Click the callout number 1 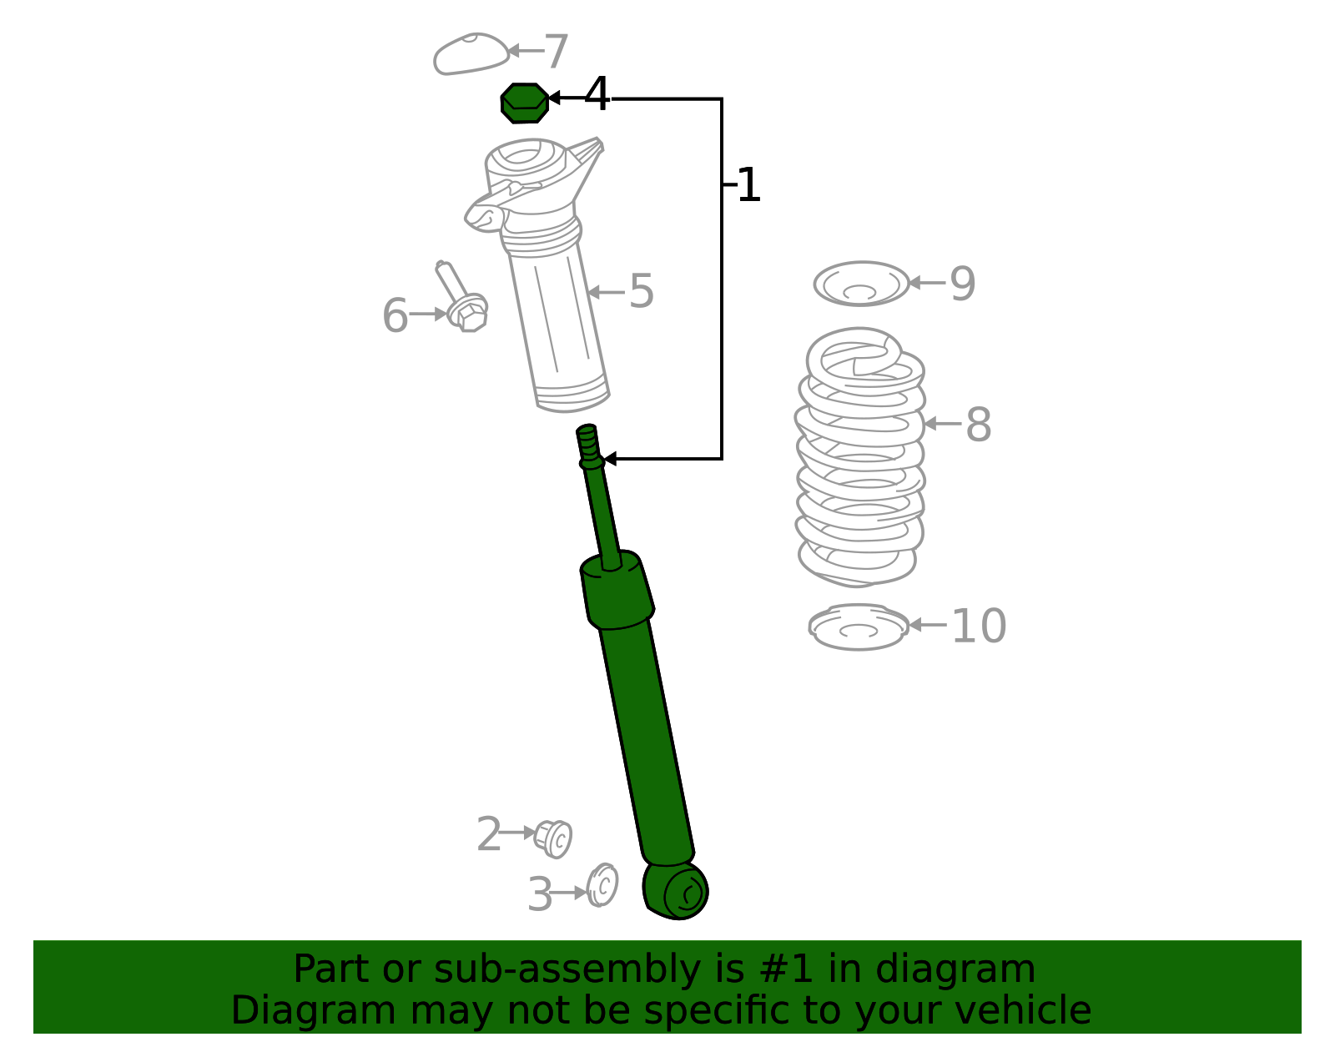748,185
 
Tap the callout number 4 597,95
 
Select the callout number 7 556,52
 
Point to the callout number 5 641,292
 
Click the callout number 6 395,316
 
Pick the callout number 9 962,284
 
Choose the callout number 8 978,425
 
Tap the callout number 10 979,626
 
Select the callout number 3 540,895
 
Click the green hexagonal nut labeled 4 524,103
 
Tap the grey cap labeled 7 470,54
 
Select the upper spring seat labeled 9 861,284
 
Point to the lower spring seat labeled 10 859,627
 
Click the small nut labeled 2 553,838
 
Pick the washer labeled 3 602,886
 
